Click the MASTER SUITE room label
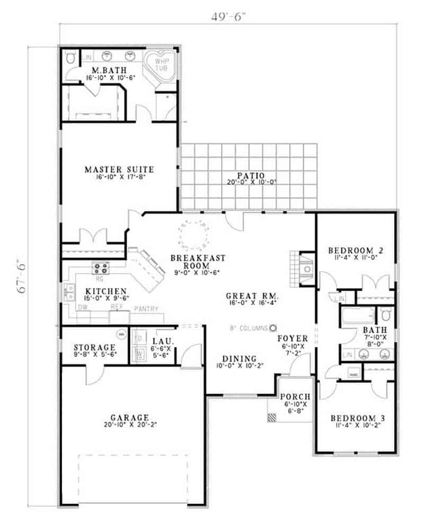coord(119,169)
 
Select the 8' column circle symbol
coord(273,328)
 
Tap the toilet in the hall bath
coord(387,316)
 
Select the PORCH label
coord(295,397)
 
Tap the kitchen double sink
coord(69,292)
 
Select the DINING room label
coord(240,358)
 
